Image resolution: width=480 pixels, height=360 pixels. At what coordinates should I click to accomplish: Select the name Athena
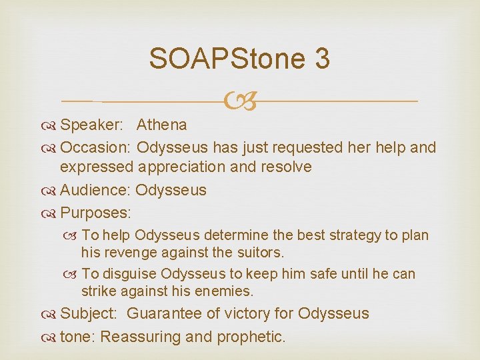(162, 125)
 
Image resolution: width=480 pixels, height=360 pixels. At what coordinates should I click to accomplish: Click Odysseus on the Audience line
(171, 190)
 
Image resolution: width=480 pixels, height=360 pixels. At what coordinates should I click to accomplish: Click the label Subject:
(90, 313)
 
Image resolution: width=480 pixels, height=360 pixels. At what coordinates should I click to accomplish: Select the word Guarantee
(167, 313)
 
